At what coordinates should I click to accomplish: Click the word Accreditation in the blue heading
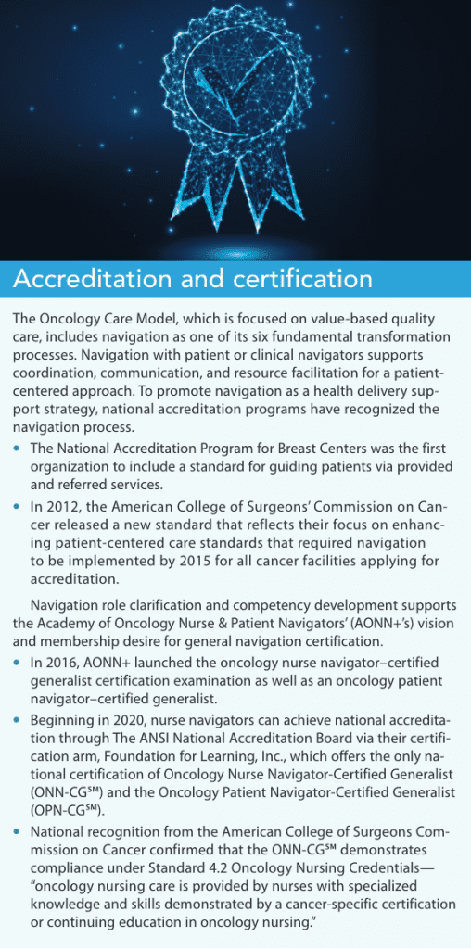click(92, 278)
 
